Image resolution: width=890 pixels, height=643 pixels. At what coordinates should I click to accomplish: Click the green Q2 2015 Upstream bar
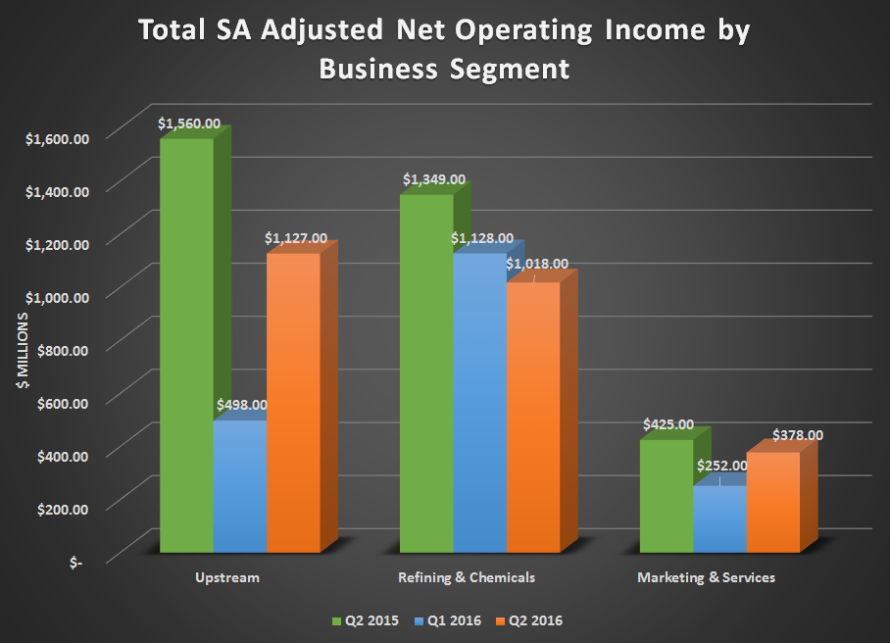click(x=186, y=343)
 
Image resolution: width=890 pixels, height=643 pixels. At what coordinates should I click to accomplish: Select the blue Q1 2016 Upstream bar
click(x=239, y=485)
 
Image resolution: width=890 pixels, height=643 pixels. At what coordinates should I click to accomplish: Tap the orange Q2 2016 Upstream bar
click(x=292, y=402)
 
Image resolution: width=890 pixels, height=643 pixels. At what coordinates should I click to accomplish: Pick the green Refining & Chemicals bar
click(x=425, y=372)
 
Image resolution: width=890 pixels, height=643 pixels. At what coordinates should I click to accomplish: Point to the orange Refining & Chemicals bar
click(x=532, y=417)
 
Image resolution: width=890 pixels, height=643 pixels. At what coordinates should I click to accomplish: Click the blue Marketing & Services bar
click(x=719, y=518)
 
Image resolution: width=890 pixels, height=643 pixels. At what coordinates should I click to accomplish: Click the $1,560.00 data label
click(x=189, y=124)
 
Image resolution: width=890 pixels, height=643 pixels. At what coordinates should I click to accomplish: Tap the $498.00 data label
click(x=240, y=404)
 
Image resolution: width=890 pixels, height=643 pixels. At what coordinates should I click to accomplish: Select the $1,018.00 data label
click(x=537, y=264)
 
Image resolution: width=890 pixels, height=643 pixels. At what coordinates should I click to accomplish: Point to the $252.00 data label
click(x=720, y=467)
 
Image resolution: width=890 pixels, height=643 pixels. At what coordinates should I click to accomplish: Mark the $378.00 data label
click(x=798, y=435)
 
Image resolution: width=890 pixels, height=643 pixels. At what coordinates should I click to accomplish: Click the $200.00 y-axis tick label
click(x=63, y=509)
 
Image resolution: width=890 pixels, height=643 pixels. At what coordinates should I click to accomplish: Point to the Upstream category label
click(x=227, y=577)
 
